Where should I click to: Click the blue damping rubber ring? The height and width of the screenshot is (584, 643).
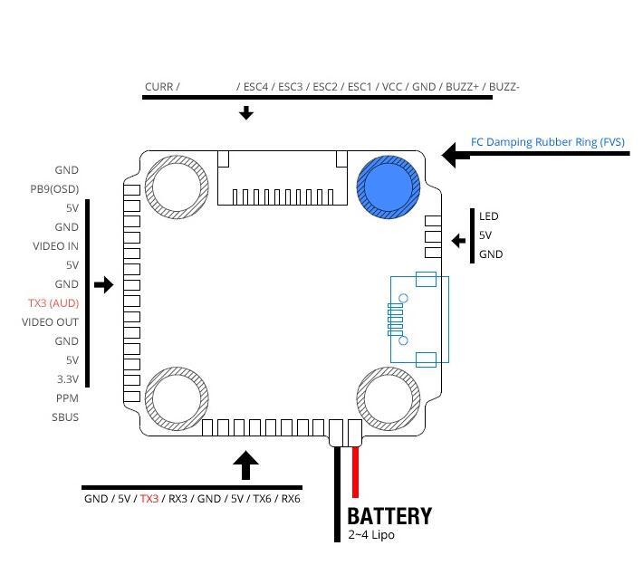pyautogui.click(x=389, y=187)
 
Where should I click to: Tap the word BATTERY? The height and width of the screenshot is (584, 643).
pyautogui.click(x=389, y=516)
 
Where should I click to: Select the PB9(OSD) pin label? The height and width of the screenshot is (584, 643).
pyautogui.click(x=54, y=189)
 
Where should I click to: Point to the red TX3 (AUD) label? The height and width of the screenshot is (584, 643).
pyautogui.click(x=53, y=303)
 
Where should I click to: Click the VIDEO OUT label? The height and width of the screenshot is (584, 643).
pyautogui.click(x=51, y=322)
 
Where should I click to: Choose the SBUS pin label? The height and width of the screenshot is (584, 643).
pyautogui.click(x=65, y=417)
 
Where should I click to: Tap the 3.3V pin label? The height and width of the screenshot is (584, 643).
pyautogui.click(x=66, y=379)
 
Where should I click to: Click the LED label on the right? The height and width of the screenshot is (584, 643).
pyautogui.click(x=489, y=216)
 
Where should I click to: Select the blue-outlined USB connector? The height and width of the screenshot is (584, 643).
pyautogui.click(x=418, y=320)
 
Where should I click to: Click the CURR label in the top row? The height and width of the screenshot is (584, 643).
pyautogui.click(x=158, y=88)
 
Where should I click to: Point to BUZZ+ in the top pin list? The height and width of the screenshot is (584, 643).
pyautogui.click(x=462, y=88)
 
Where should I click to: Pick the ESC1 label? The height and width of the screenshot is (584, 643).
pyautogui.click(x=360, y=88)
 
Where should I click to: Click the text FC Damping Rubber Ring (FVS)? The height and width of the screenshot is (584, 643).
pyautogui.click(x=547, y=142)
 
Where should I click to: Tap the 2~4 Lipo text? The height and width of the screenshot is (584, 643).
pyautogui.click(x=371, y=535)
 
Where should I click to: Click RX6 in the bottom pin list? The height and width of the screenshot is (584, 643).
pyautogui.click(x=290, y=499)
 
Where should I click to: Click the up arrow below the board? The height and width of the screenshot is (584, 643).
pyautogui.click(x=245, y=465)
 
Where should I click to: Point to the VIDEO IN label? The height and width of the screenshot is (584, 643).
pyautogui.click(x=56, y=246)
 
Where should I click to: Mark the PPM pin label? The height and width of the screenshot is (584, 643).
pyautogui.click(x=67, y=398)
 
